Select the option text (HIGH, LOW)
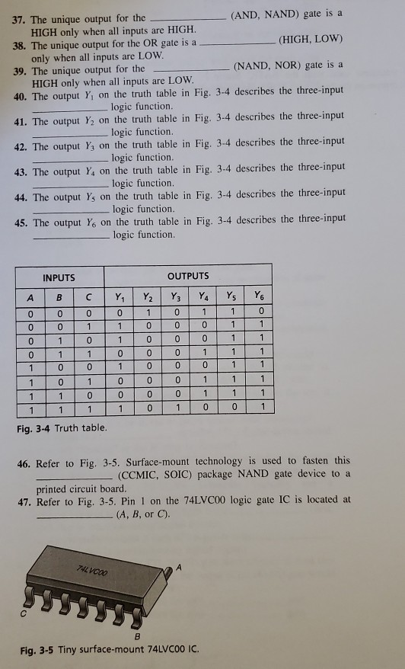tap(311, 38)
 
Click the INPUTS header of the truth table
tap(59, 277)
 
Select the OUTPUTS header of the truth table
tap(187, 276)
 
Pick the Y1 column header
tap(120, 296)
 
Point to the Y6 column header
tap(260, 296)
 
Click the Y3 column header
tap(176, 296)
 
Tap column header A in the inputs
tap(30, 297)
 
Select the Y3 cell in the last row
tap(176, 408)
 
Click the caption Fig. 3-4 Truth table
tap(62, 427)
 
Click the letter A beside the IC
tap(180, 566)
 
